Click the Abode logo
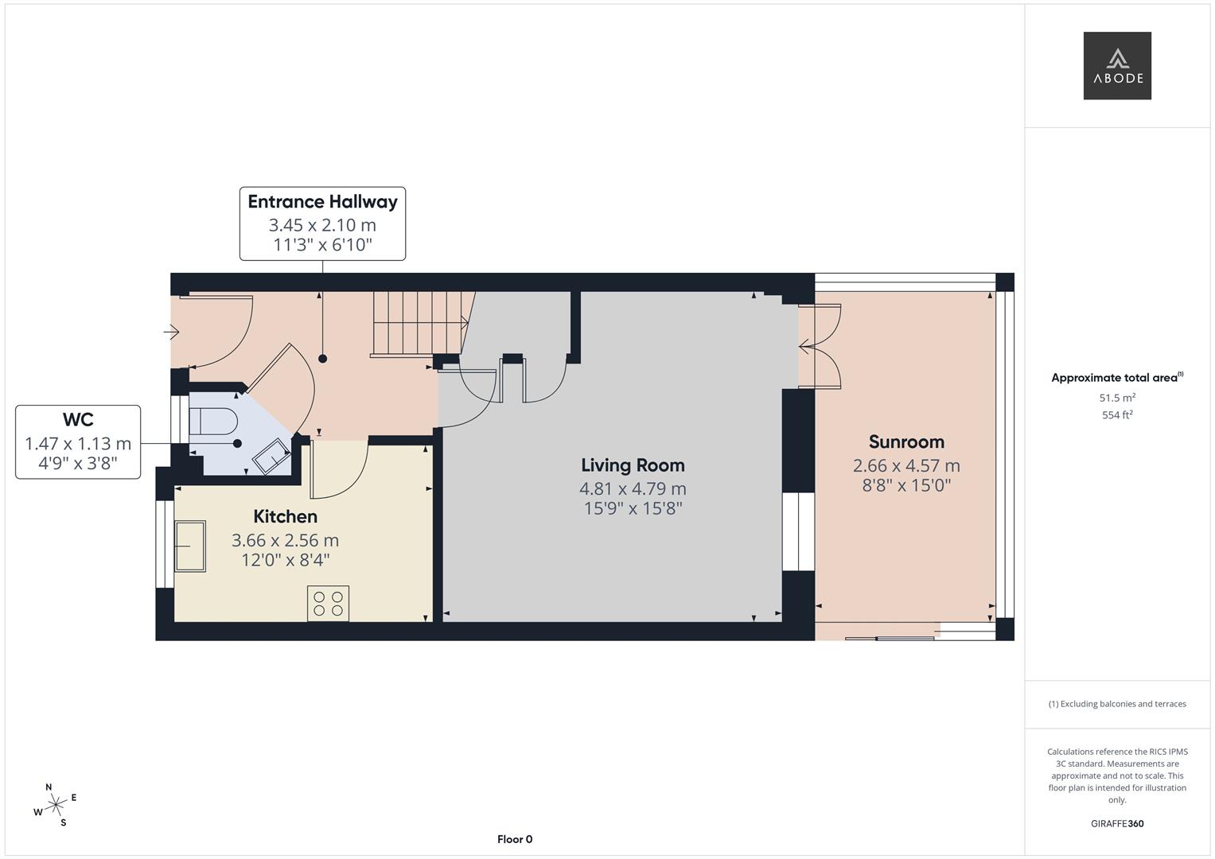tap(1116, 66)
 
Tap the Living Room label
tap(633, 465)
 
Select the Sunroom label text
tap(906, 442)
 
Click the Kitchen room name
tap(285, 517)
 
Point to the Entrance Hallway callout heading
tap(322, 202)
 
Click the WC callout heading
tap(78, 420)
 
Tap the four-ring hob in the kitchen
tap(328, 603)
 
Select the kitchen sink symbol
tap(190, 546)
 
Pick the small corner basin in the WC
tap(273, 457)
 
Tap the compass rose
tap(55, 805)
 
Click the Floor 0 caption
tap(515, 839)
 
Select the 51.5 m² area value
tap(1117, 398)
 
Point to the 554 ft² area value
tap(1117, 414)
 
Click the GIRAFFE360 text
tap(1117, 823)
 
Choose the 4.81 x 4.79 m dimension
tap(633, 488)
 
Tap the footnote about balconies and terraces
tap(1117, 704)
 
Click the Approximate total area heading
tap(1116, 378)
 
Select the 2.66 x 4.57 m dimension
tap(906, 465)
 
